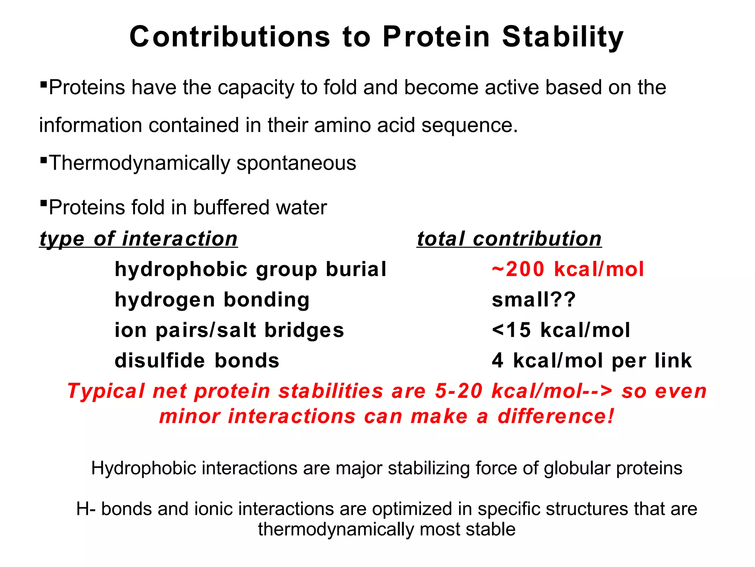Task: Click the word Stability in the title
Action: coord(563,37)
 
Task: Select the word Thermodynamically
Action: coord(139,163)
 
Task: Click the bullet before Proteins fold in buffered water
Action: coord(44,203)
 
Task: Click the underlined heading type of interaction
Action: coord(139,239)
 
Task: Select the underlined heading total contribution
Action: coord(509,239)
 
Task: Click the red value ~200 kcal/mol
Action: coord(568,269)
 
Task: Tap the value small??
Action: coord(533,299)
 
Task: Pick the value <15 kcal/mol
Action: coord(561,330)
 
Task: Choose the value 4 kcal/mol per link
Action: coord(592,360)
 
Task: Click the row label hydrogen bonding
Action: coord(212,299)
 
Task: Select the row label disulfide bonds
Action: coord(197,360)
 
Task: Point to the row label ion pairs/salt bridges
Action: coord(229,330)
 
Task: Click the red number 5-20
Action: coord(458,391)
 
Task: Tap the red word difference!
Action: coord(556,416)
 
